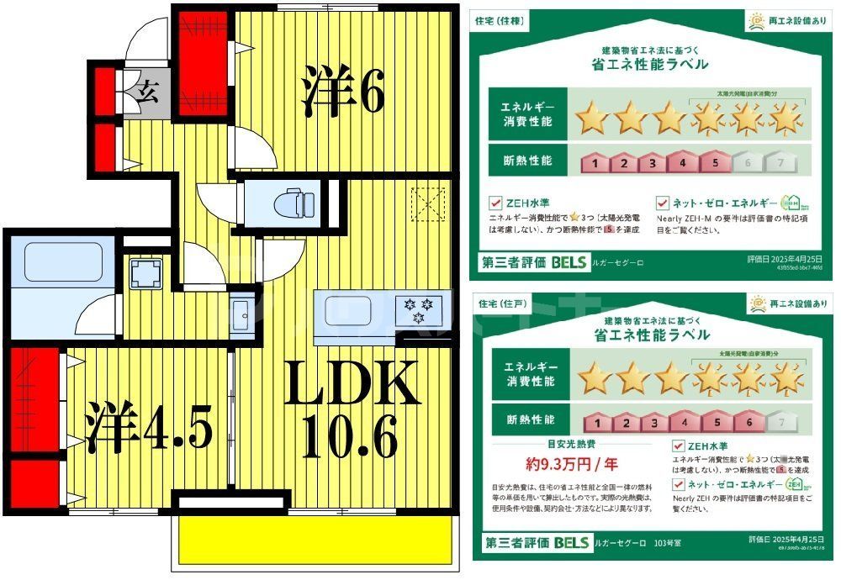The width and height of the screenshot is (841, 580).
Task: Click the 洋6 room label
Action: pyautogui.click(x=343, y=93)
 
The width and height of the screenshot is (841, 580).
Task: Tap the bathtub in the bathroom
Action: pyautogui.click(x=63, y=261)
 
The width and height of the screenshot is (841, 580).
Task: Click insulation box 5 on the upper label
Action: pyautogui.click(x=714, y=163)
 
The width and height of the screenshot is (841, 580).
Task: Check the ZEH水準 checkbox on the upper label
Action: pyautogui.click(x=496, y=203)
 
